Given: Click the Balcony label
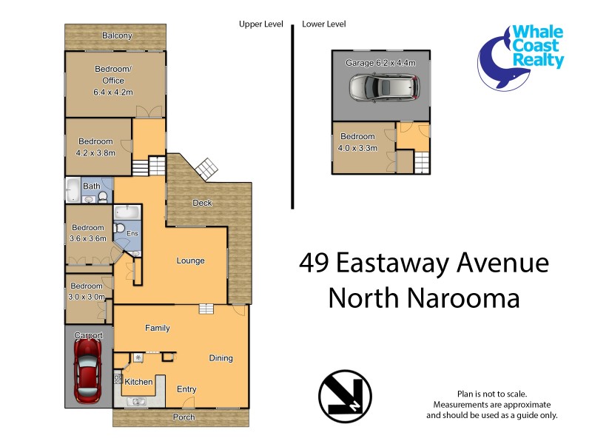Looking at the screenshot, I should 117,36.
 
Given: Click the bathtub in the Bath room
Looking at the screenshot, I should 73,191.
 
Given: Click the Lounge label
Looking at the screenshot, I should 190,260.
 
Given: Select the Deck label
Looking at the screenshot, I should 202,203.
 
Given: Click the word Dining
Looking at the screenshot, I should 221,358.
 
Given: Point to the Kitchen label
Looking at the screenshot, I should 138,382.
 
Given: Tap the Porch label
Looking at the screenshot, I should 184,417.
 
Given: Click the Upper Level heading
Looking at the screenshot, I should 260,24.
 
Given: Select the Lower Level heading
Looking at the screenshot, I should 323,24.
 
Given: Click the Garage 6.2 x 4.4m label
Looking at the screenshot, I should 379,64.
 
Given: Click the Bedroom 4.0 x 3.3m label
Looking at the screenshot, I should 358,142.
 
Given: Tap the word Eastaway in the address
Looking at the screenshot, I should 408,263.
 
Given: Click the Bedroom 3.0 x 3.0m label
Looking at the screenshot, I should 87,291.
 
